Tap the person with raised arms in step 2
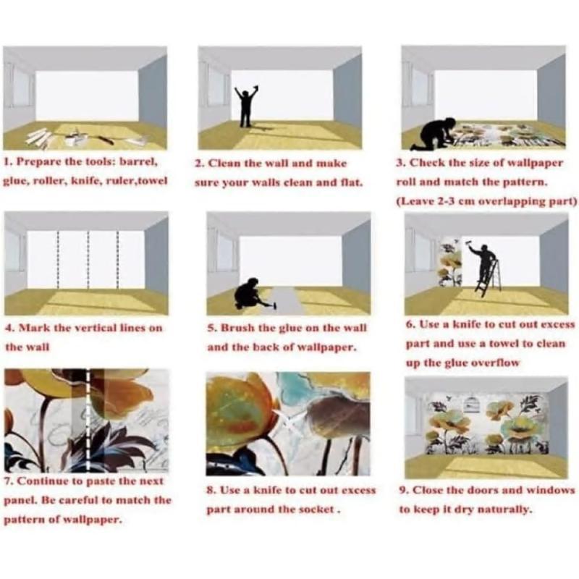point(246,107)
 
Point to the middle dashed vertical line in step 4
point(88,261)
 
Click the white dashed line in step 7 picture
point(88,420)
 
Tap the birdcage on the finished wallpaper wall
point(470,405)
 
